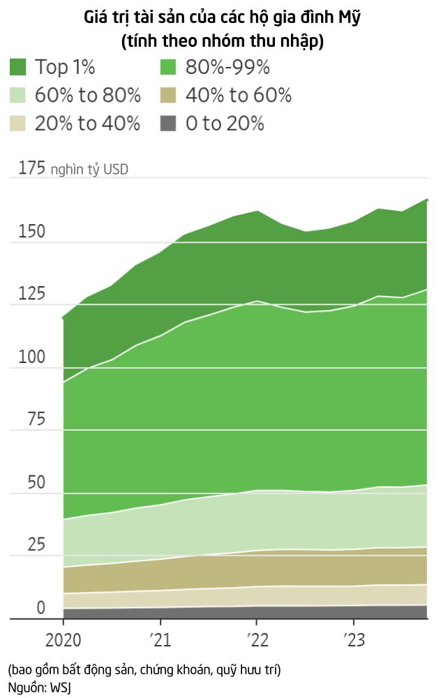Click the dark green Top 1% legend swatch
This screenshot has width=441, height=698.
[x=18, y=67]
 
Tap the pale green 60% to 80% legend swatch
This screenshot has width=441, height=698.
[x=18, y=96]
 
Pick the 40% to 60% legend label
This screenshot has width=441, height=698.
[x=238, y=96]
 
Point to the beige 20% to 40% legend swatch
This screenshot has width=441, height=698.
[x=18, y=124]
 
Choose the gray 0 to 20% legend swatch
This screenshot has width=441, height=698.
[x=168, y=124]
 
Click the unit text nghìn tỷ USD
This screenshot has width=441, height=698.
[x=89, y=170]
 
